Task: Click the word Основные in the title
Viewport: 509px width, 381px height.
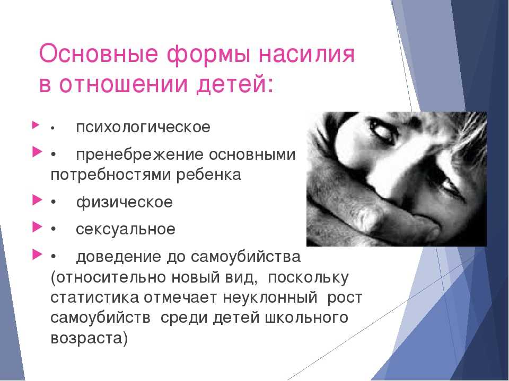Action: [x=98, y=54]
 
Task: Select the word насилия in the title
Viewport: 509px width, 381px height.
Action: [x=306, y=55]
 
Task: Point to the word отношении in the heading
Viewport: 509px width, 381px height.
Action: [x=124, y=84]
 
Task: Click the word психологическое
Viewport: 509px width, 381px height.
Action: [x=143, y=127]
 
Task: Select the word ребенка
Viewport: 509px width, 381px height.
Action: [x=209, y=175]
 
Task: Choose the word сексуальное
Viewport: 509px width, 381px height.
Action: [x=126, y=229]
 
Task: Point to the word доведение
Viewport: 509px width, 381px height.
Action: [x=118, y=257]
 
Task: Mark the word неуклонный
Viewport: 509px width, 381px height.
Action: [x=270, y=297]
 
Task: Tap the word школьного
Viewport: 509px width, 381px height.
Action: [x=306, y=317]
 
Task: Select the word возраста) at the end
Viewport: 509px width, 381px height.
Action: [x=89, y=338]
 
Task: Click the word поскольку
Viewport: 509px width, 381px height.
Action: [x=309, y=278]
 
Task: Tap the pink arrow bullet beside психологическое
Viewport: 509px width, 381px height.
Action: [x=36, y=125]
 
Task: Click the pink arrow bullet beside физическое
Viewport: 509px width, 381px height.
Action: [x=37, y=200]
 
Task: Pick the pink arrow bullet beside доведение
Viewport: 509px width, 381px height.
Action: [x=37, y=255]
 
